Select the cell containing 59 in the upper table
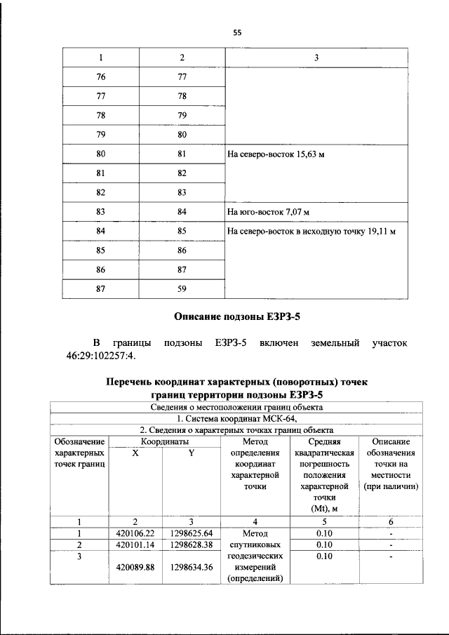(182, 287)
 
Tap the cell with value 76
(101, 77)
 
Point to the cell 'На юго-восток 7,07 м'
(268, 211)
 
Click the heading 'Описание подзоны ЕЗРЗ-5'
(236, 316)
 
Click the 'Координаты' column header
(164, 441)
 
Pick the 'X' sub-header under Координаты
(135, 453)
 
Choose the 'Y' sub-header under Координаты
(191, 453)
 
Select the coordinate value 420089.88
(135, 568)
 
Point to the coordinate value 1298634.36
(192, 568)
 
